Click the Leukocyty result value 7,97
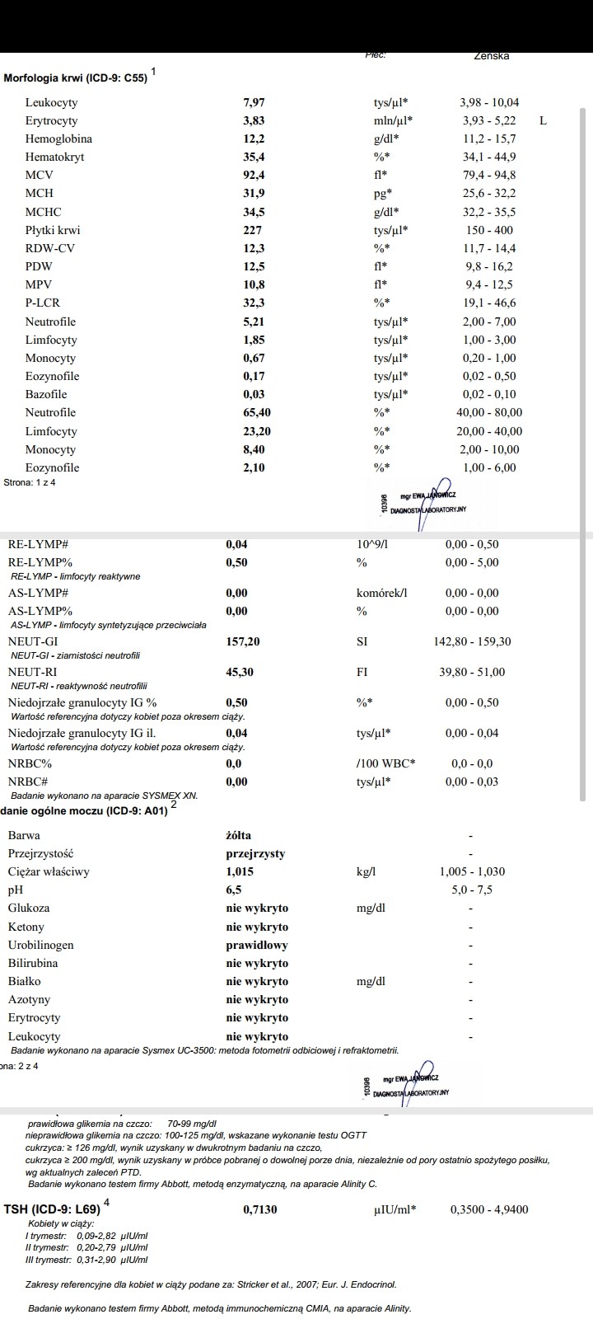254,103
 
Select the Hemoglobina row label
58,139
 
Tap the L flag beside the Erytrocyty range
543,121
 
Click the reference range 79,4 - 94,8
489,176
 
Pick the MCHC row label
43,213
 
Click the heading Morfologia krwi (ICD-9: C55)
76,78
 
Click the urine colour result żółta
239,835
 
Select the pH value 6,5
234,890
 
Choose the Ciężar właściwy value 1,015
240,872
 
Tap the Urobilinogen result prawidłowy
257,946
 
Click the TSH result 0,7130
260,1210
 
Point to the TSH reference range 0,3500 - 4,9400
489,1210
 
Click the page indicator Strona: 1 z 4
30,483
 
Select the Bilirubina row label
33,964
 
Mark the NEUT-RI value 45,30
240,673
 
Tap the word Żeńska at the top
492,56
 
